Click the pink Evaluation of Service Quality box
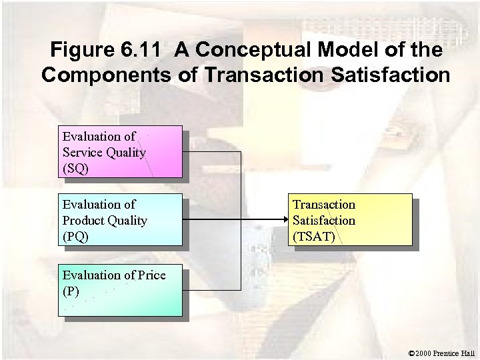point(120,151)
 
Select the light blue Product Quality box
point(120,220)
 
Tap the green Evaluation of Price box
point(120,292)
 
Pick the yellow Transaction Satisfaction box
point(351,220)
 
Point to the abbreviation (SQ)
point(75,168)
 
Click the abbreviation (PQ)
point(75,236)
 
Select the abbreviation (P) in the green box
point(71,291)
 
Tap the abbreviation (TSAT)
point(314,236)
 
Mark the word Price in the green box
point(151,275)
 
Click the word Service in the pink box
point(81,152)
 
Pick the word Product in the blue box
point(82,220)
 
